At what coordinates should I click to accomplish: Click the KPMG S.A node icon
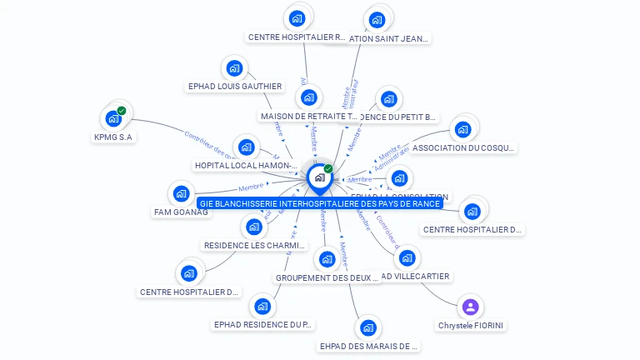click(x=113, y=119)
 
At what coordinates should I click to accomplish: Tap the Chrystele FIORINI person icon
click(x=470, y=307)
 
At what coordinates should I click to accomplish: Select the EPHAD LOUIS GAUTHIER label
click(x=235, y=86)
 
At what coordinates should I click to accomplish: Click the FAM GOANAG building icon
click(x=181, y=194)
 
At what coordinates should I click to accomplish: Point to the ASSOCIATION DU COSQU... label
click(x=464, y=148)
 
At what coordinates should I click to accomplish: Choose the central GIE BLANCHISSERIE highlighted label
click(x=320, y=203)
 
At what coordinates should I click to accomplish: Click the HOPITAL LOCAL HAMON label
click(x=246, y=166)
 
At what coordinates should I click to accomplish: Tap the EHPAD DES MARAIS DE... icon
click(x=368, y=327)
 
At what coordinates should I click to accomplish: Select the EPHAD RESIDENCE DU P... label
click(x=263, y=324)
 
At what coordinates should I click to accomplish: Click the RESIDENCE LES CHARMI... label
click(x=255, y=246)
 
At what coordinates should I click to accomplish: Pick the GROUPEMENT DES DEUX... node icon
click(x=327, y=259)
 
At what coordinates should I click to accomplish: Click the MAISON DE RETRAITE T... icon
click(x=309, y=97)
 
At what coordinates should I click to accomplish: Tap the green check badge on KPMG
click(x=122, y=111)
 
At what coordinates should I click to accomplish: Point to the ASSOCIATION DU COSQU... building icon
click(x=462, y=130)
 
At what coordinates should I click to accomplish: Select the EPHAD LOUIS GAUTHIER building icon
click(x=235, y=68)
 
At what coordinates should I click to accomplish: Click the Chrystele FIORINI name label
click(x=471, y=325)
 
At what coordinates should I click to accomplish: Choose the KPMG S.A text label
click(x=113, y=137)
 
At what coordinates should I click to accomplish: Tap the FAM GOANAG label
click(x=181, y=212)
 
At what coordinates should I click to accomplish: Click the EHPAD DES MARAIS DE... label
click(x=369, y=346)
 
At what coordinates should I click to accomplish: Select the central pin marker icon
click(x=319, y=177)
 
